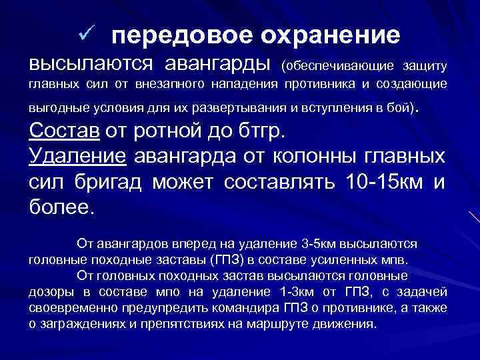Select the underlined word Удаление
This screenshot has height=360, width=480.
tap(79, 157)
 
